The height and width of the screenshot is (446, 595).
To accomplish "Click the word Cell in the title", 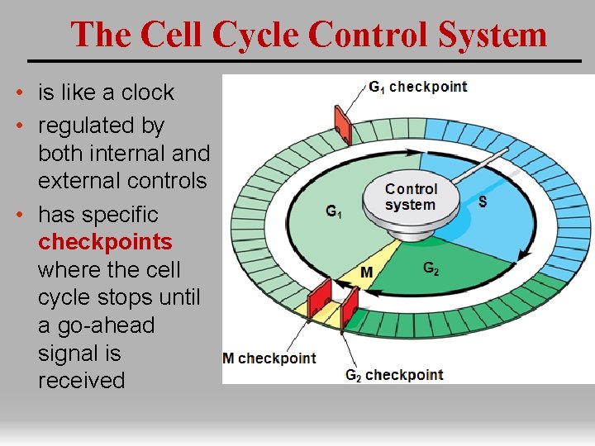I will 174,35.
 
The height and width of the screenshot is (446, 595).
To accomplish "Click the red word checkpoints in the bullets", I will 105,242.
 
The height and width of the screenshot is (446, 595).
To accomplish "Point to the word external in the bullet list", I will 79,180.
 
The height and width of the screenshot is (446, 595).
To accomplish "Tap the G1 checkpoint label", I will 417,87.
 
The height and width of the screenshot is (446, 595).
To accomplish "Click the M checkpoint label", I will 269,358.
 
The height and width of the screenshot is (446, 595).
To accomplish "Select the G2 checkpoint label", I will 394,375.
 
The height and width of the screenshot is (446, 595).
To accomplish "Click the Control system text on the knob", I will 411,197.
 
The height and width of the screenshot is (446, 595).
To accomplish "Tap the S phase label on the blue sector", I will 483,201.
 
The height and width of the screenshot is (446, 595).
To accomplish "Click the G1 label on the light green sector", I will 334,212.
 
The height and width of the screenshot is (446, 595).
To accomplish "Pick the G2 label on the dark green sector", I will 431,268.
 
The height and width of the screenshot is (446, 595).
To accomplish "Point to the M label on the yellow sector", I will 366,272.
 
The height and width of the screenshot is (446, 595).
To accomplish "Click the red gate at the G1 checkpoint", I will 340,124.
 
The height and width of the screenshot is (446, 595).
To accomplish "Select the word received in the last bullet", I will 81,381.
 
